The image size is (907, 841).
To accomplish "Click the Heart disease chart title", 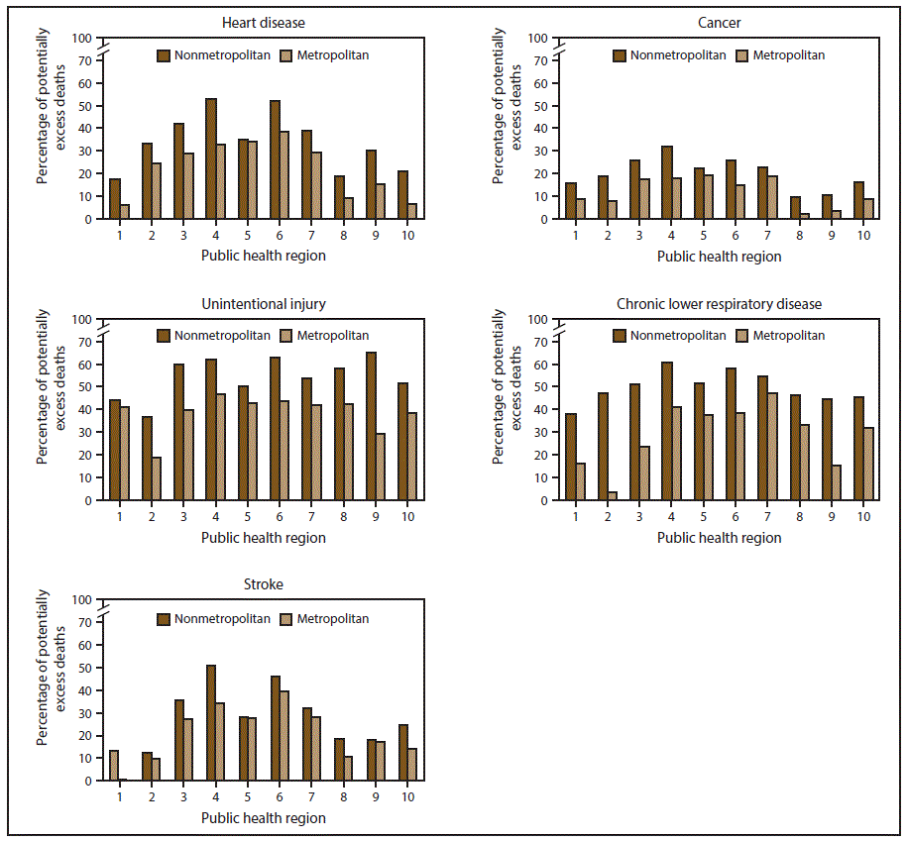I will click(x=263, y=22).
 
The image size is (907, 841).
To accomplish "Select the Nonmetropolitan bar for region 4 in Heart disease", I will click(x=210, y=158).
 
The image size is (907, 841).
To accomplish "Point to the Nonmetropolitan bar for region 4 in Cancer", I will click(x=666, y=182).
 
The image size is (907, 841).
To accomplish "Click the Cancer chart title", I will click(x=719, y=22).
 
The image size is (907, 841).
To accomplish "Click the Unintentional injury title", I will click(x=263, y=303).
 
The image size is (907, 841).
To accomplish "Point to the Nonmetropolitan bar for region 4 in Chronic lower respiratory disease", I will click(x=666, y=431).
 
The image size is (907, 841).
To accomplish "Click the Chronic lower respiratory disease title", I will click(x=719, y=303).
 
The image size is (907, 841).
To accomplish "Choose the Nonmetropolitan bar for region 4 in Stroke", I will click(x=210, y=723).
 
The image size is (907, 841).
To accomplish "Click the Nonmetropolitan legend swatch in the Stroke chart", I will click(x=164, y=619).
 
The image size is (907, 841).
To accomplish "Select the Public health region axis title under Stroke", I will click(x=263, y=818).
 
